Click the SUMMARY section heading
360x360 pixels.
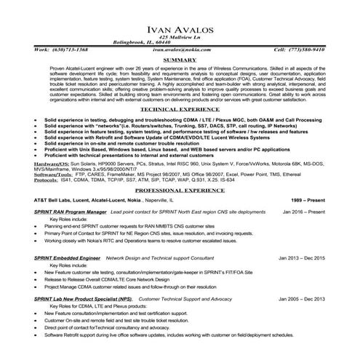point(179,59)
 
